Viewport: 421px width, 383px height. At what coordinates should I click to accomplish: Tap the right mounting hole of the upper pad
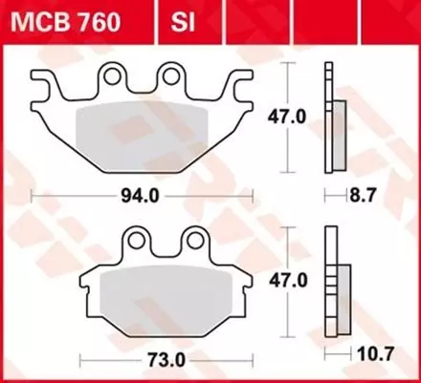point(172,74)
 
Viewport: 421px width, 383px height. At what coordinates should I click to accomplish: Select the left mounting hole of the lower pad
point(142,240)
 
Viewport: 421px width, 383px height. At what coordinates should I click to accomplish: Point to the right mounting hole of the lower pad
point(193,240)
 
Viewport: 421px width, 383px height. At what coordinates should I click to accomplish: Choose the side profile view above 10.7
point(333,282)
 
